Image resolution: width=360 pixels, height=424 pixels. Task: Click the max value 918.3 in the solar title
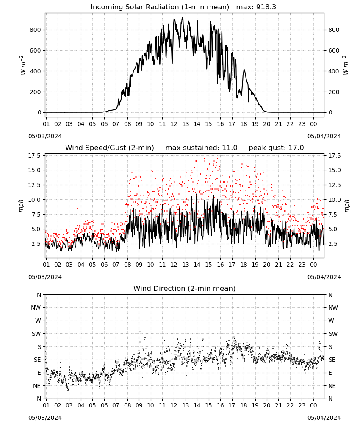coord(266,7)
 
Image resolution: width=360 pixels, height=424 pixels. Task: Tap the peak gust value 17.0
coord(296,148)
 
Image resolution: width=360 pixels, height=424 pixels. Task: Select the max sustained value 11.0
coord(230,148)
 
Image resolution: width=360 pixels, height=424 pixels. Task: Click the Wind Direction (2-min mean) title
coord(185,288)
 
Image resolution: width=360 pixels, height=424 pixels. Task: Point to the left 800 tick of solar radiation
coord(36,30)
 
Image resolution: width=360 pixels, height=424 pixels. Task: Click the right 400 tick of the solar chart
coord(334,71)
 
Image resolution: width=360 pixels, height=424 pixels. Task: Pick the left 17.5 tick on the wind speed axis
coord(35,156)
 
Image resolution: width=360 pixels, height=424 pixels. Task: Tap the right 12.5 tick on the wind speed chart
coord(335,185)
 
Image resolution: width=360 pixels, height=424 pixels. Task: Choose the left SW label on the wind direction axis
coord(36,334)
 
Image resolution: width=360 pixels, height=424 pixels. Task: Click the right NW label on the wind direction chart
coord(333,307)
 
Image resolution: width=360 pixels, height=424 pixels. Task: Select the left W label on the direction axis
coord(39,321)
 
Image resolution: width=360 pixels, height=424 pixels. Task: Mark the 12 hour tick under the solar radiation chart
coord(174,124)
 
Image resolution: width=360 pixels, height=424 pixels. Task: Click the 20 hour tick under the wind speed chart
coord(267,265)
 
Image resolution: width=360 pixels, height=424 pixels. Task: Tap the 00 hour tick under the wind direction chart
coord(313,405)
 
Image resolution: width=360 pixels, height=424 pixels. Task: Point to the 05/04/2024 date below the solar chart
coord(324,136)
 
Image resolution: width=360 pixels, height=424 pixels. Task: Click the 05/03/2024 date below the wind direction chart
coord(45,418)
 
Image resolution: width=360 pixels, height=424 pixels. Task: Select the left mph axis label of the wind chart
coord(21,206)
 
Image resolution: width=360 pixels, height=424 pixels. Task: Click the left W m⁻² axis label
coord(23,65)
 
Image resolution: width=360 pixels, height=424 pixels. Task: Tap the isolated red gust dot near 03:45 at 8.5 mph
coord(78,208)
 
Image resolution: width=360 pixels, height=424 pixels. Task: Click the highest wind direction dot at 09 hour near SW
coord(140,332)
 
